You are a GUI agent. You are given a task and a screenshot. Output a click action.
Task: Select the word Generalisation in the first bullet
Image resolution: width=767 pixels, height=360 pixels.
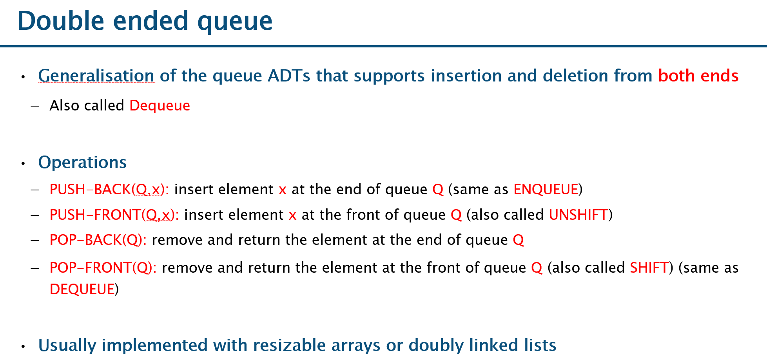tap(96, 76)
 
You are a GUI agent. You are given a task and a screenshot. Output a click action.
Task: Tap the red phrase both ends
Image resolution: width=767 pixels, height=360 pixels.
tap(698, 76)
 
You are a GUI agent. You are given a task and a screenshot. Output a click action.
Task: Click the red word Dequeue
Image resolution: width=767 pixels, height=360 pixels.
tap(160, 106)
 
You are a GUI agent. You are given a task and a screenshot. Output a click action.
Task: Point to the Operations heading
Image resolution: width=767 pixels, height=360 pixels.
tap(82, 163)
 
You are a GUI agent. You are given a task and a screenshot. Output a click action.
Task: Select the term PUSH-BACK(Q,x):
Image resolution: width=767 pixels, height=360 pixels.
tap(109, 190)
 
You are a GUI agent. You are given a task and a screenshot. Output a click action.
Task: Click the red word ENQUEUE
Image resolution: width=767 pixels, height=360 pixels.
tap(546, 190)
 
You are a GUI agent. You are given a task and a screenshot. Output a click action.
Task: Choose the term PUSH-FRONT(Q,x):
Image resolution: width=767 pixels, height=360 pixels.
tap(114, 215)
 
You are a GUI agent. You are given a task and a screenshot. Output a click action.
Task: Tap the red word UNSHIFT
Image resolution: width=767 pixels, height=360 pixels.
tap(578, 215)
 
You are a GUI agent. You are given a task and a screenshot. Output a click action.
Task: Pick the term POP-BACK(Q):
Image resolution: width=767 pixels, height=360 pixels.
tap(98, 240)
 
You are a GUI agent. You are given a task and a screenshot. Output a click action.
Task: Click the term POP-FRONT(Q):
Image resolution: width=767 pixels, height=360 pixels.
tap(103, 268)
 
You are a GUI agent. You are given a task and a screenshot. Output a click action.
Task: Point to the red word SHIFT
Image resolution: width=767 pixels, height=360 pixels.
tap(649, 268)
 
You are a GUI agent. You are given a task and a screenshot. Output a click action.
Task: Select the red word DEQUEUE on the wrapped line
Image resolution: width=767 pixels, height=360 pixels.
tap(82, 289)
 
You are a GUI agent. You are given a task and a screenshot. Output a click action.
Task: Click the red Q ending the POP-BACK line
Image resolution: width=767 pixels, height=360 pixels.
tap(519, 240)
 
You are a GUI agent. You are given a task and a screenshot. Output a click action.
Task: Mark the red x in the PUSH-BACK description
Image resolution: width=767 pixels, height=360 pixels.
tap(282, 190)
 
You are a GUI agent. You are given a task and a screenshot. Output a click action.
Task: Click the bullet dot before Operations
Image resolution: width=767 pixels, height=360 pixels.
tap(24, 163)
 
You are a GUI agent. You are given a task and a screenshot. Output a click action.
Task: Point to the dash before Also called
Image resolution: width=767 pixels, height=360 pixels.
tap(35, 106)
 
